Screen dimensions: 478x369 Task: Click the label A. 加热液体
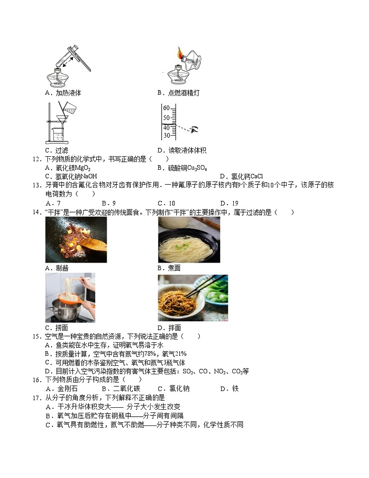[x=63, y=93]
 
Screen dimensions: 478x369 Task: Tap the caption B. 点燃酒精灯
[x=178, y=93]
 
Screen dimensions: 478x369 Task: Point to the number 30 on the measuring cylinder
[x=165, y=135]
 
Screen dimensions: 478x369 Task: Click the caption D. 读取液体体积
[x=182, y=150]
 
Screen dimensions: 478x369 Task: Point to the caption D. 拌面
[x=169, y=327]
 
